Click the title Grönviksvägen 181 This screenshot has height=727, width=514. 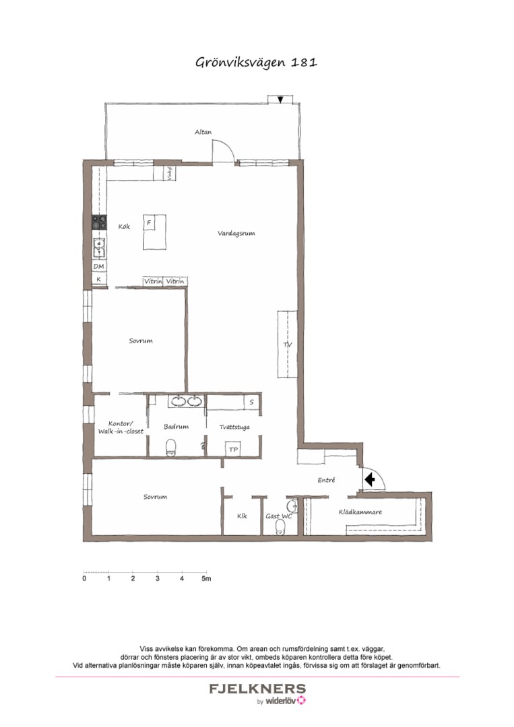(x=256, y=63)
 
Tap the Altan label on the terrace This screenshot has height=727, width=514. (x=203, y=133)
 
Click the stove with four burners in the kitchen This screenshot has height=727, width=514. (x=99, y=221)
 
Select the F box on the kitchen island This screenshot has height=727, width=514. (x=150, y=223)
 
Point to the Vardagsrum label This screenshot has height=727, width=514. (x=236, y=234)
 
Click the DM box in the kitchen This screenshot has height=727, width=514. (x=99, y=267)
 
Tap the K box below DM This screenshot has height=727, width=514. (x=99, y=279)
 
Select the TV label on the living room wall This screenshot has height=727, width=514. (x=288, y=345)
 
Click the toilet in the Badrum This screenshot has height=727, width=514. (x=171, y=446)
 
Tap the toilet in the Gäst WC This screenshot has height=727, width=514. (x=281, y=529)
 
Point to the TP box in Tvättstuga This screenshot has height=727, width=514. (x=233, y=449)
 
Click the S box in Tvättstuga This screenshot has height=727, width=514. (x=251, y=403)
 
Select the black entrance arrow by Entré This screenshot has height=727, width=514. (x=369, y=479)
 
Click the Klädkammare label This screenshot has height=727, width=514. (x=360, y=512)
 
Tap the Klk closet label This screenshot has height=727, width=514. (x=242, y=516)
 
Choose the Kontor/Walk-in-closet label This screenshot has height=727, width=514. (x=121, y=427)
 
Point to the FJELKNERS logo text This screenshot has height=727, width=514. (x=257, y=689)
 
